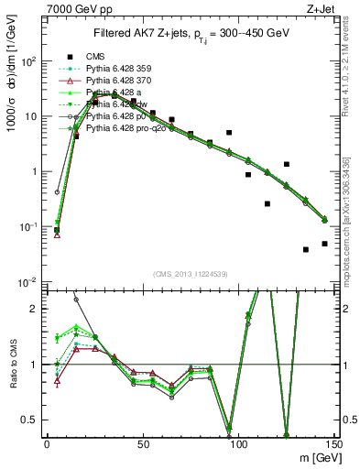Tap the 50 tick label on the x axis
142,443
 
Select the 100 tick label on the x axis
238,443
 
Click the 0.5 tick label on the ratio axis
29,420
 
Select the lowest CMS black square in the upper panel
306,249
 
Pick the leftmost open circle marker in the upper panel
57,193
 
